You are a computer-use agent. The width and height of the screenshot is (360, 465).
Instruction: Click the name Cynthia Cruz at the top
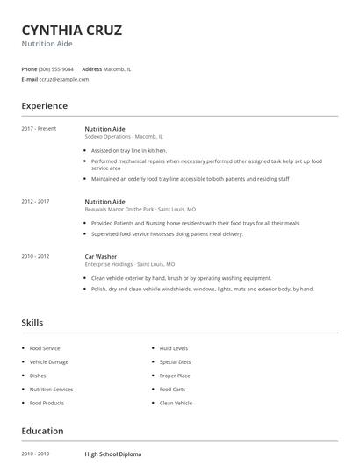[x=72, y=30]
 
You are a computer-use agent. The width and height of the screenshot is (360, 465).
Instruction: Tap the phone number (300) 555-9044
[x=56, y=68]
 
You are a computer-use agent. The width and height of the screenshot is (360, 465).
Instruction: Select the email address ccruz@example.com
[x=59, y=79]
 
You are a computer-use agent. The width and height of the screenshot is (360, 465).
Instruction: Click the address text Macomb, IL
[x=118, y=68]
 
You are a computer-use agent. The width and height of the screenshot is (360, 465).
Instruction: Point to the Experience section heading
[x=44, y=106]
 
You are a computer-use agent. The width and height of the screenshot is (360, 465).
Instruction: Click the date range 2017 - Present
[x=39, y=129]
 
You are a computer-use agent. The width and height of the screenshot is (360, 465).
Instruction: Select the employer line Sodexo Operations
[x=124, y=137]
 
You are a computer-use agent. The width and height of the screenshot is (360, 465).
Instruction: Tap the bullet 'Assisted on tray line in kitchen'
[x=128, y=150]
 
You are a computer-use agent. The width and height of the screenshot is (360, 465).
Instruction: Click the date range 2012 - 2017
[x=35, y=201]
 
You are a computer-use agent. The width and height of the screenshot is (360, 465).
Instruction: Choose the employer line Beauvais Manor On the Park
[x=140, y=210]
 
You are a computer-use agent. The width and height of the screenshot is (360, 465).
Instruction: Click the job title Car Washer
[x=101, y=256]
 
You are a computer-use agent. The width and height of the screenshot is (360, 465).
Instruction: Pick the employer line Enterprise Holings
[x=129, y=264]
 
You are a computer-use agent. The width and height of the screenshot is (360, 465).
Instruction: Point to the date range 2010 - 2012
[x=35, y=256]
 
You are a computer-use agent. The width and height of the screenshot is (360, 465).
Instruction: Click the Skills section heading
[x=32, y=323]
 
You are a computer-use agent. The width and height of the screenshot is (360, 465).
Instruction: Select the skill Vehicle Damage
[x=48, y=361]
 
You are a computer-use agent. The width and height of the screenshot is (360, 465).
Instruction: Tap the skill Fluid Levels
[x=173, y=348]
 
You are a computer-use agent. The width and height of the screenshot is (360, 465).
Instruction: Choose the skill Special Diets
[x=175, y=361]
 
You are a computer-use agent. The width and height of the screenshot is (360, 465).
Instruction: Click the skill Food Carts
[x=172, y=389]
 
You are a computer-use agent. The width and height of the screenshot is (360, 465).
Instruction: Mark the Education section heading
[x=42, y=431]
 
